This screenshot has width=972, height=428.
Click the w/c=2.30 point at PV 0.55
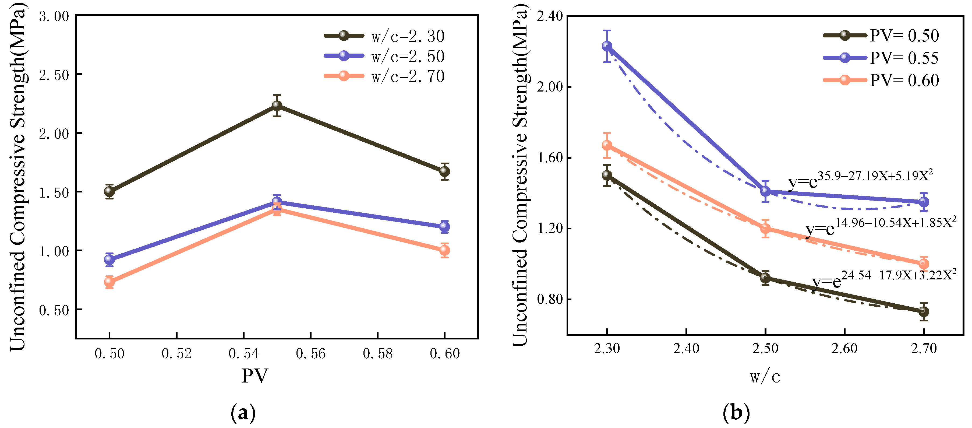[277, 105]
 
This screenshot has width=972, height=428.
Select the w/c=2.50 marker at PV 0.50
[109, 259]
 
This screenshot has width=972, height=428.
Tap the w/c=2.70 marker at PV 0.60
[444, 250]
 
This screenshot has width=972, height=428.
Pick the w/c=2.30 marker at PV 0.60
[444, 171]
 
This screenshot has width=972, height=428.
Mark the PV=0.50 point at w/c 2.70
[924, 311]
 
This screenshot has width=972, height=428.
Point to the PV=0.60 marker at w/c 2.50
[765, 228]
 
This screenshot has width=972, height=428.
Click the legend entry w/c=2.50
[384, 56]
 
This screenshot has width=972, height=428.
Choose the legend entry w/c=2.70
[384, 76]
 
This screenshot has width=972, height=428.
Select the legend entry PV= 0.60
[881, 80]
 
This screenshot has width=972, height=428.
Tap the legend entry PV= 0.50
[881, 36]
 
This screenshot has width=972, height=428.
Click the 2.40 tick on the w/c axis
[686, 348]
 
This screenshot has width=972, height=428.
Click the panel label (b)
[736, 413]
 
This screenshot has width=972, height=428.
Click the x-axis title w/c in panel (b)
[765, 376]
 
